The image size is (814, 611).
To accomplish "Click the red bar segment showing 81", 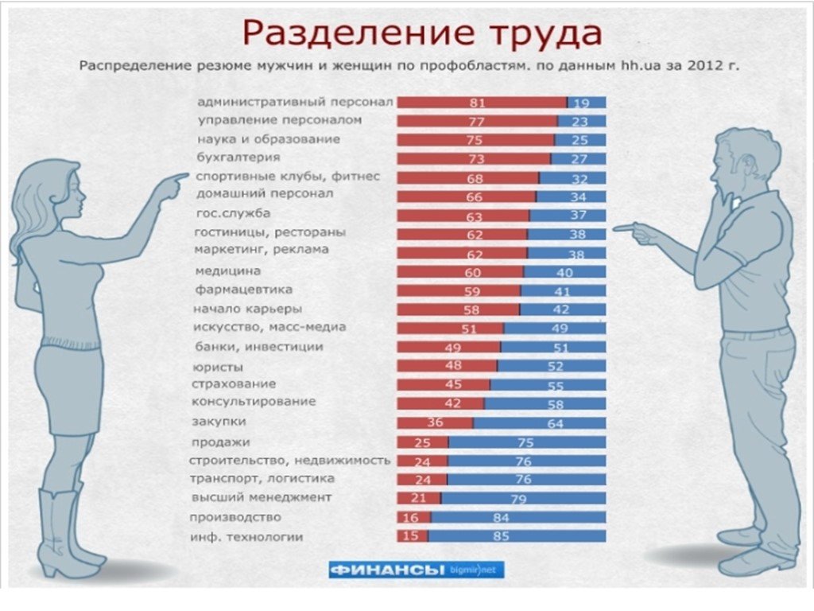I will pyautogui.click(x=482, y=103).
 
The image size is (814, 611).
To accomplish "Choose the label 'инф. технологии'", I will pyautogui.click(x=247, y=537).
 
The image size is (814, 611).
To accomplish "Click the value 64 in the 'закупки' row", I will pyautogui.click(x=554, y=424).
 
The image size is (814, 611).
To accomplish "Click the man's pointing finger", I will pyautogui.click(x=625, y=228).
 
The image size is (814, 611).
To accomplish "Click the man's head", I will pyautogui.click(x=735, y=163).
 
